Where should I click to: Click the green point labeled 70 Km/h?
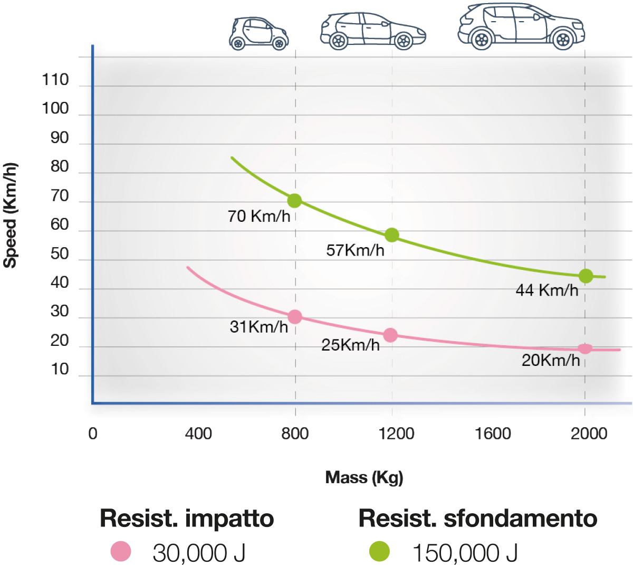(294, 201)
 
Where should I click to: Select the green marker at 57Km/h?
(391, 235)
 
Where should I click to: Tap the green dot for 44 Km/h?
(586, 276)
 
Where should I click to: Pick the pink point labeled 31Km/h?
(295, 317)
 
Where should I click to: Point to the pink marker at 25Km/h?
(390, 335)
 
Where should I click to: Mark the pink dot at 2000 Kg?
(585, 349)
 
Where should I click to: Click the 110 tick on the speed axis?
(55, 80)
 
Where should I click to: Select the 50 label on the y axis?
(60, 254)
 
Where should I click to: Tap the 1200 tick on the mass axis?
(396, 434)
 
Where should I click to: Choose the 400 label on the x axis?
(198, 434)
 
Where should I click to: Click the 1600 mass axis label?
(493, 434)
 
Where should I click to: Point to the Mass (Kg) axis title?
(364, 477)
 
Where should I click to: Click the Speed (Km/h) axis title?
(11, 215)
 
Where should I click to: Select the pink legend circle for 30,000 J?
(121, 552)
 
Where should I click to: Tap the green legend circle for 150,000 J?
(379, 551)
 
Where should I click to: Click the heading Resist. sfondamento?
(477, 519)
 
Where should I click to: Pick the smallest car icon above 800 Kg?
(258, 34)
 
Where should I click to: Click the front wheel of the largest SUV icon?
(563, 40)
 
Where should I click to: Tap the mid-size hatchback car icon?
(373, 31)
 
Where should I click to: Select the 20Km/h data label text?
(551, 361)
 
